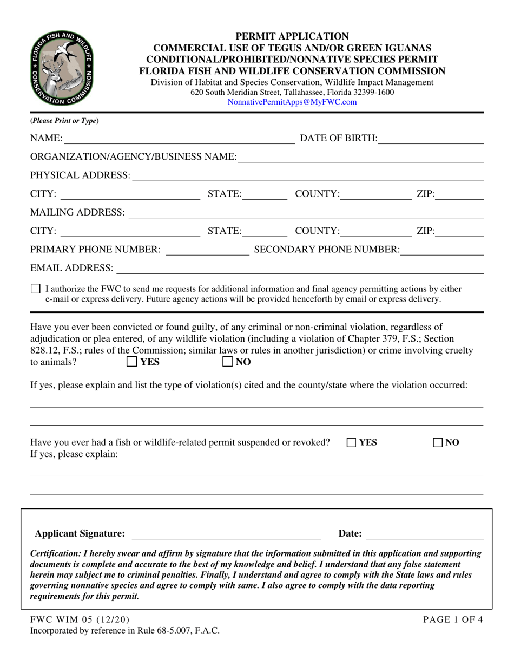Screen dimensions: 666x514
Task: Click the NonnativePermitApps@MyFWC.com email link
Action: click(292, 102)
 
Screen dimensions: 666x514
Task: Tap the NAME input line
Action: click(179, 139)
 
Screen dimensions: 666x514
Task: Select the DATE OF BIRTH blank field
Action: click(430, 139)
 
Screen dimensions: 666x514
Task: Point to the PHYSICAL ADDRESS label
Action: click(80, 175)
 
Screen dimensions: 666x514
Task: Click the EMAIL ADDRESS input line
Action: click(299, 269)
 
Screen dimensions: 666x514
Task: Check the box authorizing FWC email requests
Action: click(36, 289)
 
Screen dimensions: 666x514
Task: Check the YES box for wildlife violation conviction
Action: click(131, 362)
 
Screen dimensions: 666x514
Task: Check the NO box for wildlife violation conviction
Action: click(228, 362)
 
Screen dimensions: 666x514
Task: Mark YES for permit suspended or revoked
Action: click(352, 443)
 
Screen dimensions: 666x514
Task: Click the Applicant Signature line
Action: click(226, 534)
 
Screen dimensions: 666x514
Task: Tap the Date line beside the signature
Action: click(425, 534)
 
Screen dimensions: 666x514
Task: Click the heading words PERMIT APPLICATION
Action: click(292, 37)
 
